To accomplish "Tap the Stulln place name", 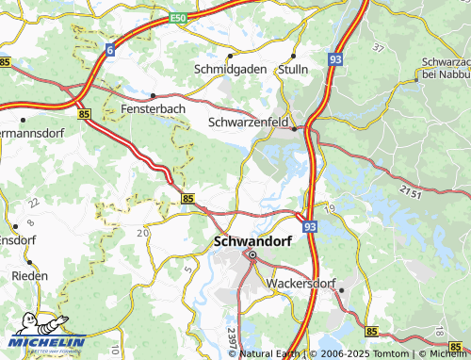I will [x=296, y=70].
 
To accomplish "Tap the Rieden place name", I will [x=30, y=276].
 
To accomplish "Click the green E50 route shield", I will [x=179, y=17].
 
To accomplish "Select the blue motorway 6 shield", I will [x=111, y=49].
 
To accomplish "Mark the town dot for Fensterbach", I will [x=153, y=95].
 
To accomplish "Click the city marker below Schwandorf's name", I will [x=252, y=254].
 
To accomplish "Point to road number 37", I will [x=379, y=47].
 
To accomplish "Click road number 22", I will [x=34, y=202].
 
